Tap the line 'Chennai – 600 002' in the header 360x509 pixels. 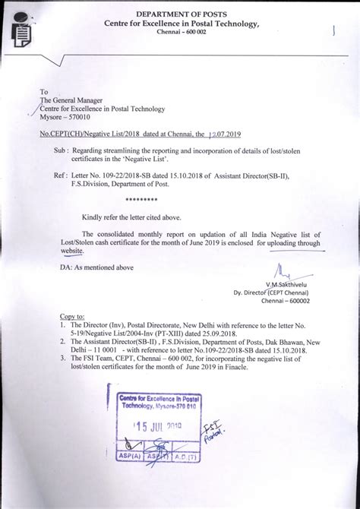[x=180, y=33]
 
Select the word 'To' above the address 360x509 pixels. [x=44, y=91]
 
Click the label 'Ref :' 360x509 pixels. [x=62, y=175]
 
